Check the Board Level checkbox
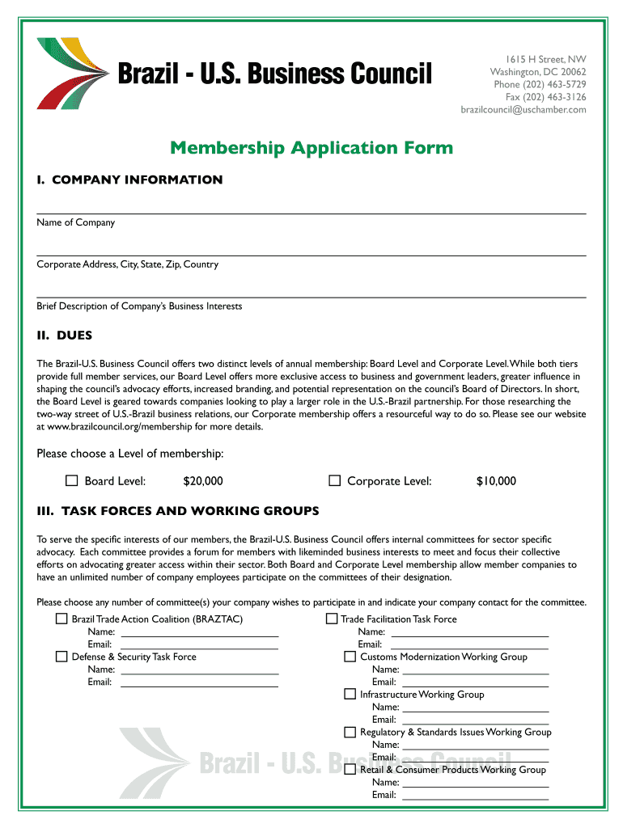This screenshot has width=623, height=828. point(72,481)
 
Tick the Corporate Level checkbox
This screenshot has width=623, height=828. point(334,481)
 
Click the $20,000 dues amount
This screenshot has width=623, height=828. point(202,482)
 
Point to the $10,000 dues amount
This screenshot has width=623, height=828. point(495,482)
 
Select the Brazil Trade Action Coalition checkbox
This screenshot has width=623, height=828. point(61,619)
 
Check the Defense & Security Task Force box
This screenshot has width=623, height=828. point(61,657)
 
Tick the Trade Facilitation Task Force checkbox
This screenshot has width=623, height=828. point(331,619)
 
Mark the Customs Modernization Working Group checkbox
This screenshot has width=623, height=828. point(350,657)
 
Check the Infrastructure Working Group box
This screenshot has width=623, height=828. point(350,694)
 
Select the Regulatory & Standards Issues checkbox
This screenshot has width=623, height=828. point(350,732)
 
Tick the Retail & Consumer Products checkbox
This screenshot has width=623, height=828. point(350,770)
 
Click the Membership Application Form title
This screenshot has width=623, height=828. point(311,148)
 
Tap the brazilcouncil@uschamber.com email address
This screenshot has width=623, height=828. point(523,110)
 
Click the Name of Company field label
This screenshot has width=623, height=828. point(76,222)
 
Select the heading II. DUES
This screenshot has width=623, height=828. point(65,336)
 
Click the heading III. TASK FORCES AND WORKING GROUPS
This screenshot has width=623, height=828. point(178,511)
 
